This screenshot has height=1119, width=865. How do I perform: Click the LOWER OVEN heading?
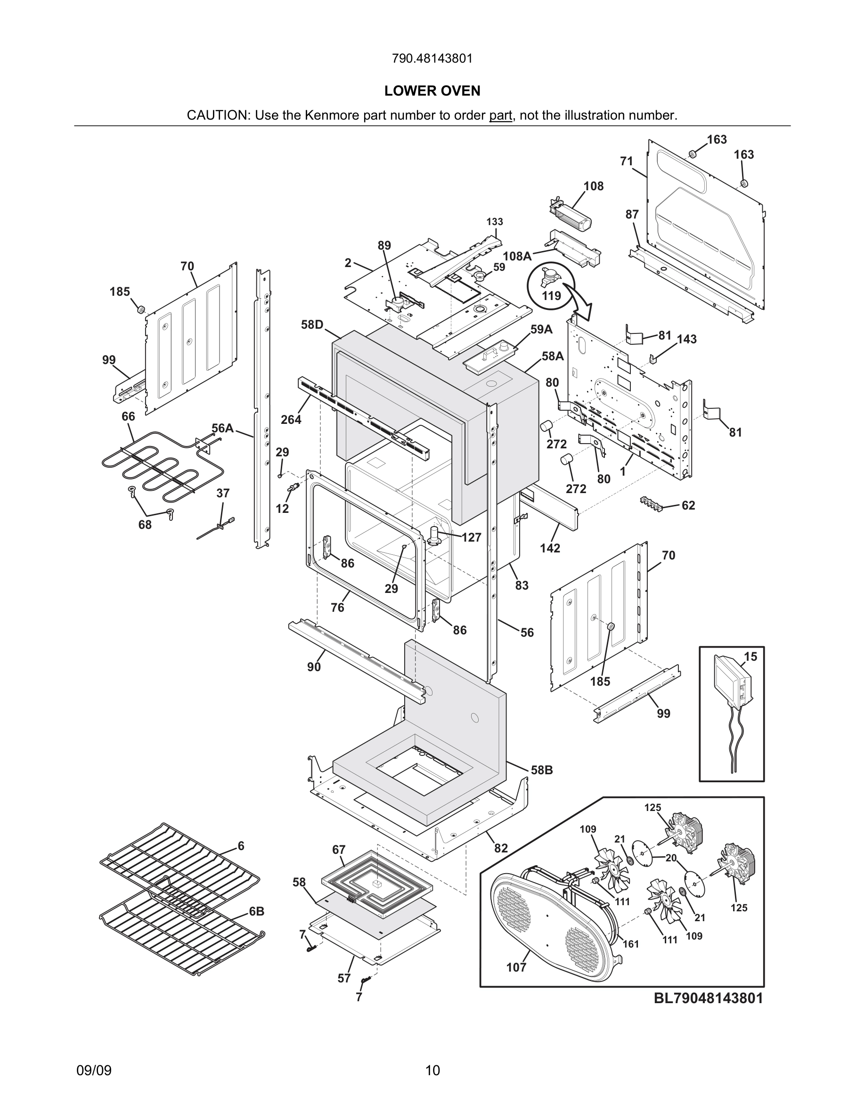click(x=432, y=91)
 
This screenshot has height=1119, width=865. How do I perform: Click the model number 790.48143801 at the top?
click(x=432, y=58)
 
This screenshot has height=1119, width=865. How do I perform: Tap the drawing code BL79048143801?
click(x=708, y=997)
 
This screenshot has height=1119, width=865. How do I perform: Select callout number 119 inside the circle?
click(x=551, y=296)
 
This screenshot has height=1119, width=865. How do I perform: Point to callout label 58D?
click(x=312, y=324)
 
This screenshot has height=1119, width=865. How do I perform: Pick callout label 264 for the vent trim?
click(x=291, y=420)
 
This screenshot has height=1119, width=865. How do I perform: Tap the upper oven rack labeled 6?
click(x=180, y=866)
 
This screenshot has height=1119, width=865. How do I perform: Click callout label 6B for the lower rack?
click(x=257, y=911)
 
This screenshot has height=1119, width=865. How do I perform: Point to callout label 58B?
click(x=542, y=770)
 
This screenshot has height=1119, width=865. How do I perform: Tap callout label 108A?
click(x=517, y=256)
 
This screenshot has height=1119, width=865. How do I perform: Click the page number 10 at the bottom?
click(x=432, y=1070)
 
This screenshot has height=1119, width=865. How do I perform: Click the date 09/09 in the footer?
click(x=94, y=1070)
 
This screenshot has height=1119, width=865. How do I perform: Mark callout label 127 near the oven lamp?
click(x=471, y=537)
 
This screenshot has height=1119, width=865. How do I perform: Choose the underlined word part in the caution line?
click(x=500, y=115)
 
